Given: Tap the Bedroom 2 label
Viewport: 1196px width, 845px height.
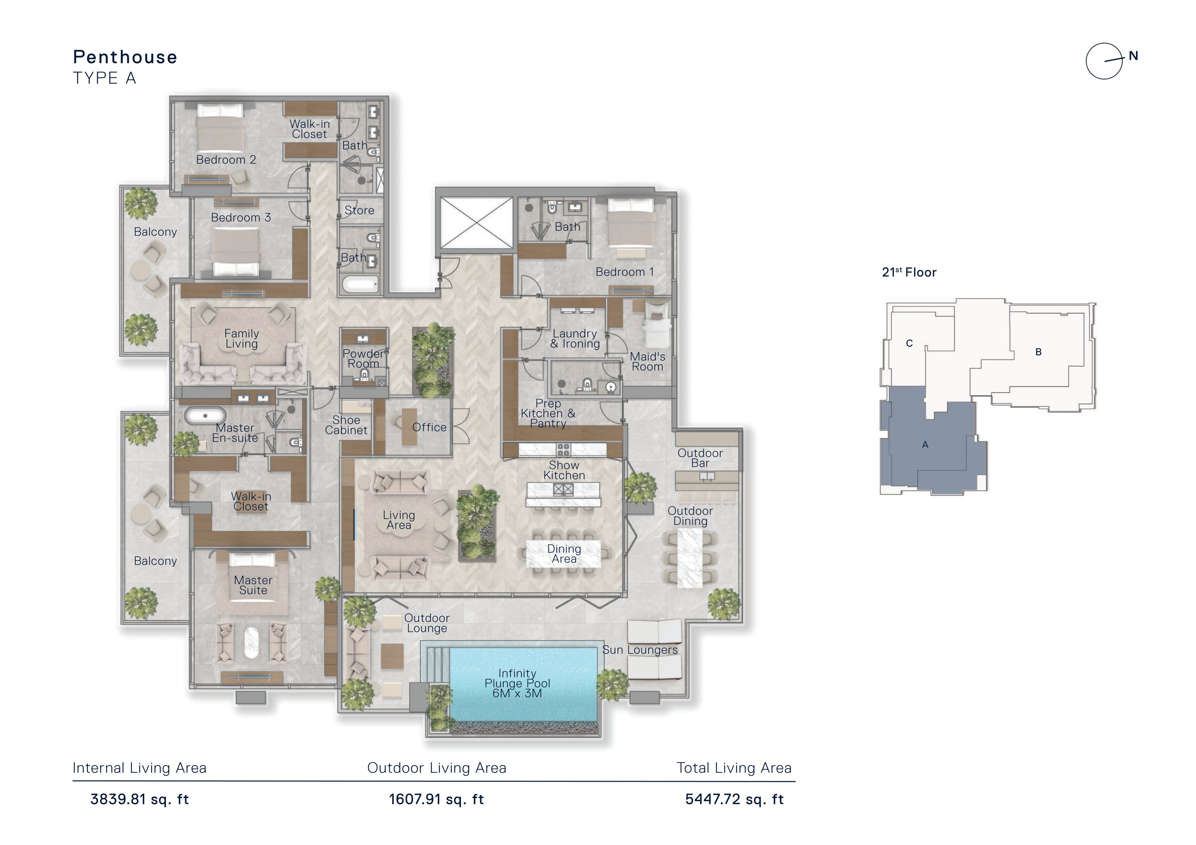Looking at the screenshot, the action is [x=226, y=160].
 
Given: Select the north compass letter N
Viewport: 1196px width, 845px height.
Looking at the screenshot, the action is [x=1133, y=56].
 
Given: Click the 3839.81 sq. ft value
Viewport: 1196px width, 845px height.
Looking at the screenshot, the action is [x=140, y=799].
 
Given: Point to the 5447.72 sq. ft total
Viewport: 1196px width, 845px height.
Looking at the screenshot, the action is [x=734, y=799].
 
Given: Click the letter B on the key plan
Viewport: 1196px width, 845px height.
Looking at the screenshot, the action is [x=1038, y=352].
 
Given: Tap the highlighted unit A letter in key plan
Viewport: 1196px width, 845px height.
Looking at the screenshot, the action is [x=925, y=445].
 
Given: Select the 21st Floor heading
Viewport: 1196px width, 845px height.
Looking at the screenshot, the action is [x=909, y=272].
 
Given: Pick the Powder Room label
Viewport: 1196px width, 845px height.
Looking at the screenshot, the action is [x=363, y=358].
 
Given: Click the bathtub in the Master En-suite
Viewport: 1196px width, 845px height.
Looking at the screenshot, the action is [x=205, y=416].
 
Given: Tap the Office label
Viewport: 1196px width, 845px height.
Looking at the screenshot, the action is [x=429, y=427].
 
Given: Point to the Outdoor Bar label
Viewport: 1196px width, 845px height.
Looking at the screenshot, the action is [x=700, y=458].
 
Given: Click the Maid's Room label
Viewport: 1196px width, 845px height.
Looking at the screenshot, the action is [x=648, y=361].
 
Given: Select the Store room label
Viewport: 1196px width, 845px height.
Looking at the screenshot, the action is [x=359, y=210].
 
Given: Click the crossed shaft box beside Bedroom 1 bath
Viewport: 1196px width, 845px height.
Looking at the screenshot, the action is [x=476, y=222].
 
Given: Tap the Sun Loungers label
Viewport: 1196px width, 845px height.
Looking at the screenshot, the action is [x=640, y=650].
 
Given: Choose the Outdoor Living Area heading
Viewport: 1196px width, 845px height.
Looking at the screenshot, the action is [x=436, y=768].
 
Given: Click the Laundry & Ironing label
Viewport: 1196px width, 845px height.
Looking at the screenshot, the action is [x=575, y=339].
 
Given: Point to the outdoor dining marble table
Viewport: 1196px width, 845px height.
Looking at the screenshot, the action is [x=690, y=558].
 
